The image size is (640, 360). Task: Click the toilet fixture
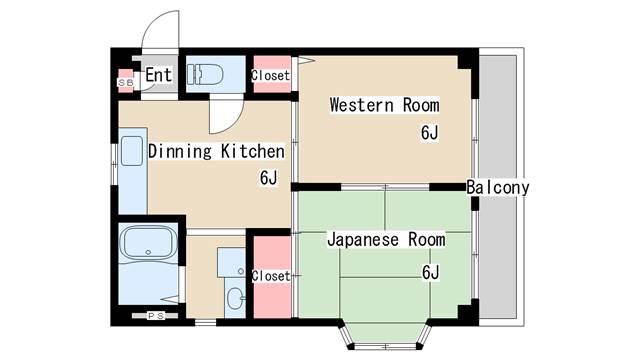[x=205, y=74]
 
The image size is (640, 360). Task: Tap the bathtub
[x=150, y=243]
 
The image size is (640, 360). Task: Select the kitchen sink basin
[x=132, y=151]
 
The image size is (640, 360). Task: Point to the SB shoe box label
[x=126, y=83]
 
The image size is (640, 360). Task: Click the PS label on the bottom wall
[x=156, y=316]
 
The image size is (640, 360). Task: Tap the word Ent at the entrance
[x=158, y=75]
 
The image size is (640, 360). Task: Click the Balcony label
[x=498, y=187]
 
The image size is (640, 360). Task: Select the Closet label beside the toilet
[x=271, y=76]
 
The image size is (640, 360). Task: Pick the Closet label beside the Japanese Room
[x=271, y=276]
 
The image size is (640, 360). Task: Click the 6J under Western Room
[x=429, y=133]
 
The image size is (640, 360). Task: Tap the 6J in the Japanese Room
[x=430, y=272]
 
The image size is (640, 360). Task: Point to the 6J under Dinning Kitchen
[x=268, y=178]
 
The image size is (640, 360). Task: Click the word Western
[x=362, y=105]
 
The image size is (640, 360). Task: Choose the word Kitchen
[x=253, y=151]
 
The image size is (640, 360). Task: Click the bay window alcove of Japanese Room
[x=384, y=334]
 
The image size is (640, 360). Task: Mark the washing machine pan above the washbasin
[x=231, y=262]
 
